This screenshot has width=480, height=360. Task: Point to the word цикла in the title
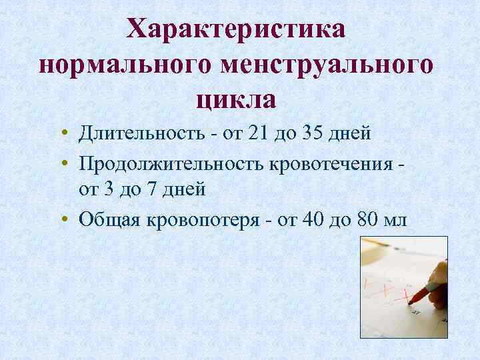(x=237, y=100)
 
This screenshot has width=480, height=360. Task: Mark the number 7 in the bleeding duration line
(x=151, y=189)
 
